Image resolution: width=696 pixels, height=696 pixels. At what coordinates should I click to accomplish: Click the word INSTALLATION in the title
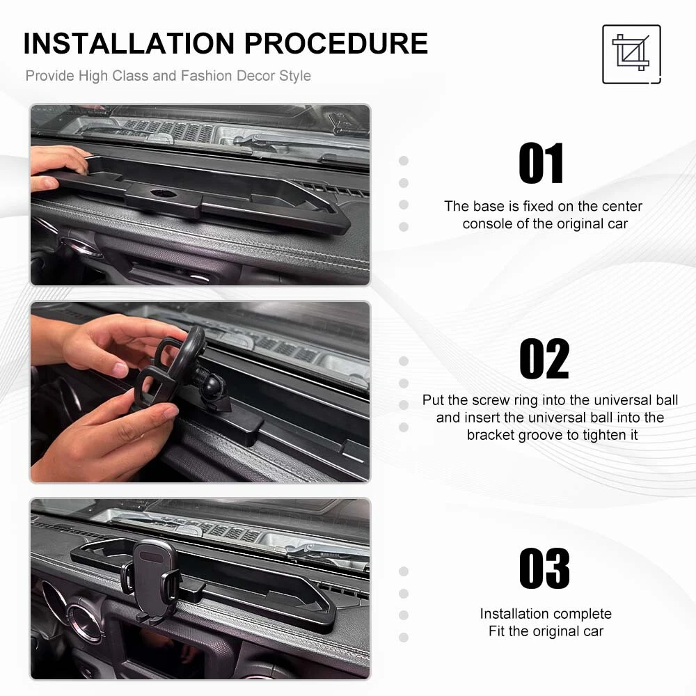click(129, 43)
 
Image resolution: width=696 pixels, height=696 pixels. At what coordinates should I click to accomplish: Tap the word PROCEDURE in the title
click(336, 43)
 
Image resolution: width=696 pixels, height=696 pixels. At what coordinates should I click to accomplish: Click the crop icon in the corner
click(631, 54)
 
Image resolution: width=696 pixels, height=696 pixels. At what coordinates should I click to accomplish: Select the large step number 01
click(541, 164)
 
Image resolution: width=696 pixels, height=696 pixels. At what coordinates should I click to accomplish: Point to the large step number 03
click(545, 568)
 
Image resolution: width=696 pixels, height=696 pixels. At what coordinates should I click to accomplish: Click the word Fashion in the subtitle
click(207, 76)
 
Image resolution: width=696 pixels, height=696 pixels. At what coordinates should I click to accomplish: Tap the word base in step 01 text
click(489, 207)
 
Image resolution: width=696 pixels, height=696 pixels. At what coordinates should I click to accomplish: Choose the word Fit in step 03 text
click(497, 631)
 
